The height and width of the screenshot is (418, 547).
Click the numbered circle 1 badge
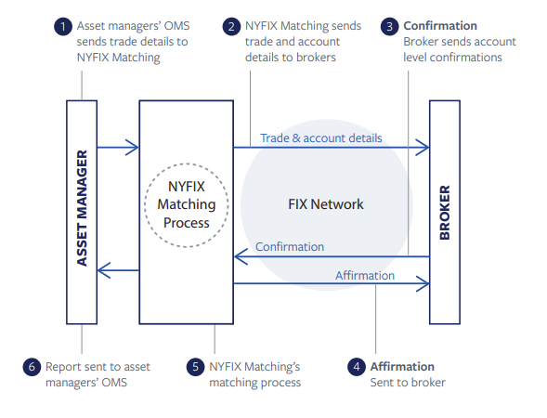63,27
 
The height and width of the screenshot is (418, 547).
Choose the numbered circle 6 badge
33,367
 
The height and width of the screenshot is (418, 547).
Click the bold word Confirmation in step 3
440,26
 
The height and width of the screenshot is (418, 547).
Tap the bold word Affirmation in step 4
402,366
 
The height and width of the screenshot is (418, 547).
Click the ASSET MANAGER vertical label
82,206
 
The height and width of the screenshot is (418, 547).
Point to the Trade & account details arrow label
320,138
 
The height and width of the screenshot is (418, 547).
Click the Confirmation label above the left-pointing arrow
290,247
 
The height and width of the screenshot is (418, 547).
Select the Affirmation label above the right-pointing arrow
364,275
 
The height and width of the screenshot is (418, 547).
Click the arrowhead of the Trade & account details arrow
424,147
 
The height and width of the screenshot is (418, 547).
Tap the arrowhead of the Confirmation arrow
238,256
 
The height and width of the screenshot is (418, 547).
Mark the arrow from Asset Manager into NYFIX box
117,147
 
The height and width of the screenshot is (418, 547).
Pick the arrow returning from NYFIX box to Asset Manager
117,270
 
